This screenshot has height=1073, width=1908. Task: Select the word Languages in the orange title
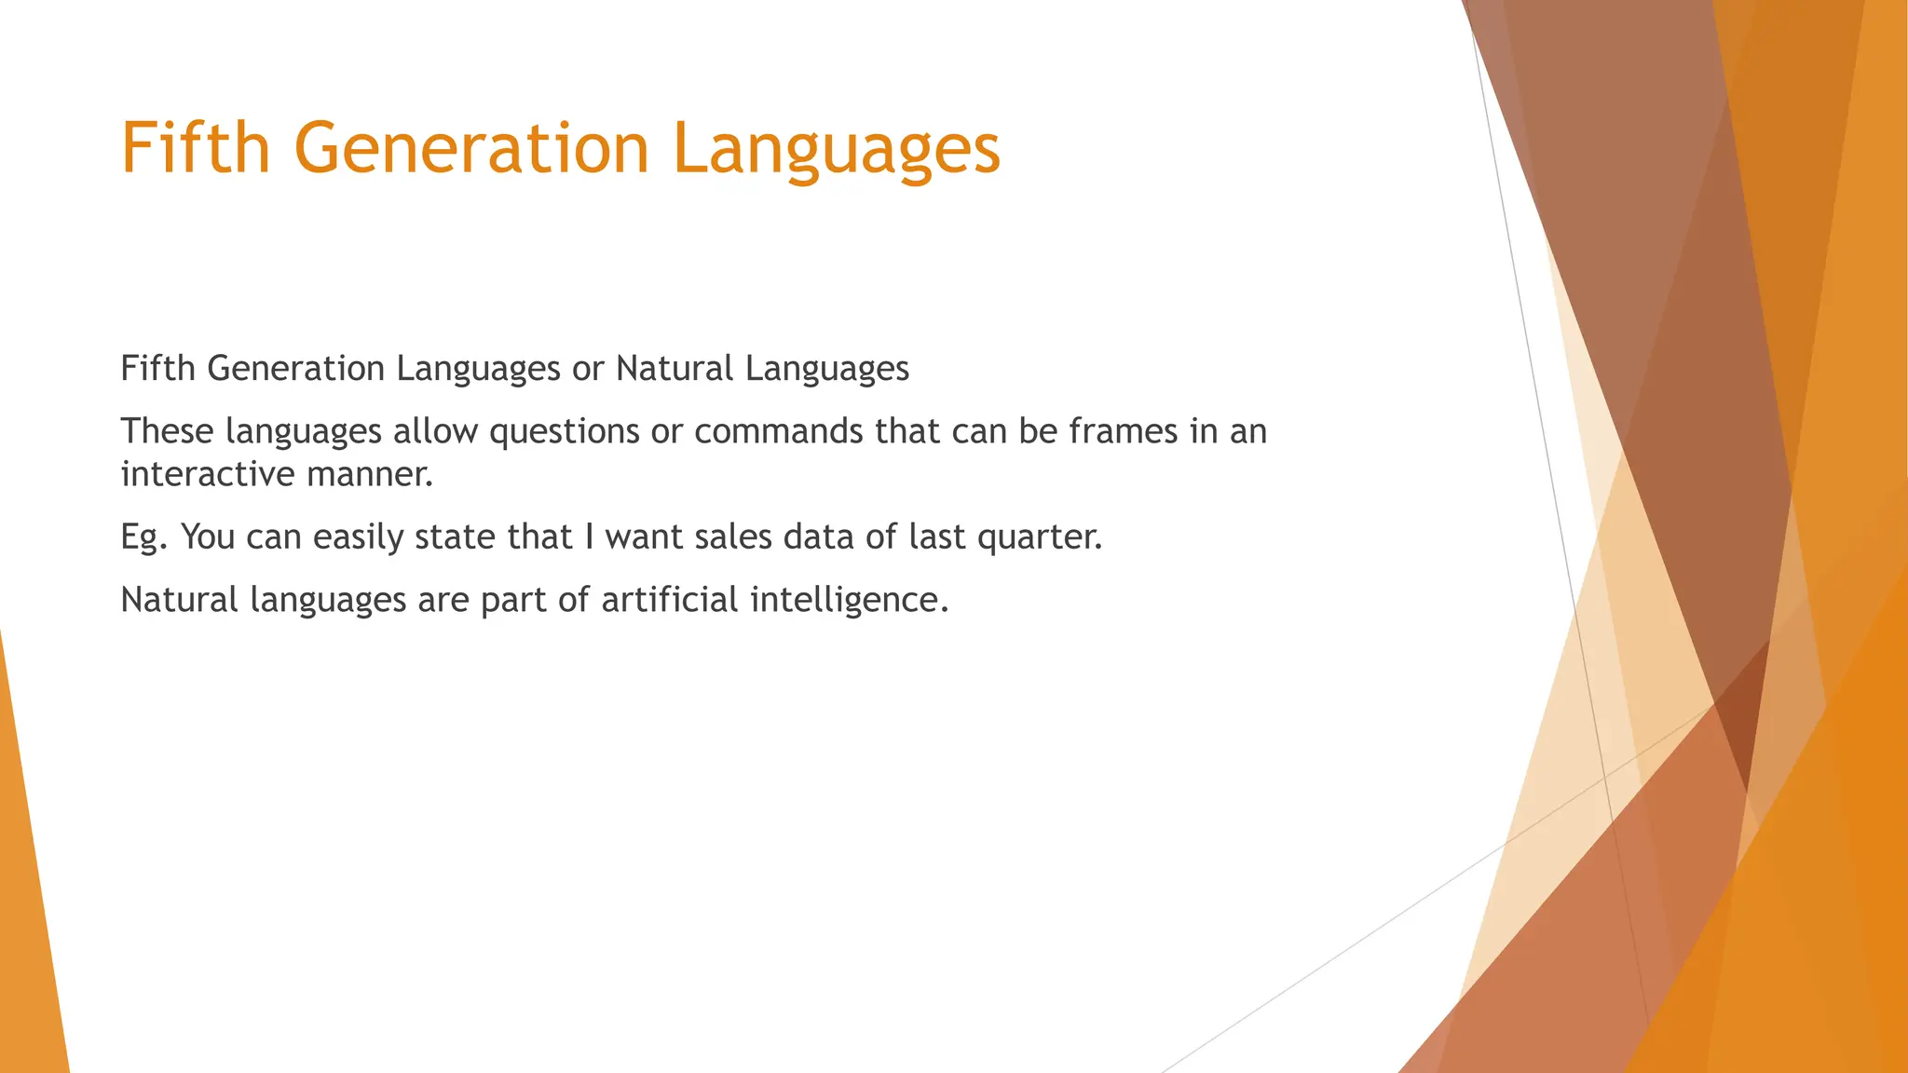click(836, 149)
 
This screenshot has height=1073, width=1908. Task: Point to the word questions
click(565, 432)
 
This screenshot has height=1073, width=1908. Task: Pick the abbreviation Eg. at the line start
click(143, 537)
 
